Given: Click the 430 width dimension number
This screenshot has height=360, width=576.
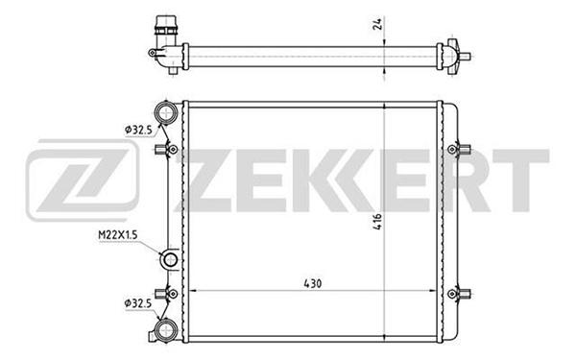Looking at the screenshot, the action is (x=313, y=283).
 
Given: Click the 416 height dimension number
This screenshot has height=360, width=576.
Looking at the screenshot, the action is (x=377, y=222).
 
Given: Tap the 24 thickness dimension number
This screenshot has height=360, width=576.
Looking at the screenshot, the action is (x=378, y=23).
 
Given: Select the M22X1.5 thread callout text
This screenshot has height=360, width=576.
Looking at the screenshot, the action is (x=117, y=235).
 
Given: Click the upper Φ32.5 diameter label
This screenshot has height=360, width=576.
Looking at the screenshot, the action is (x=138, y=130).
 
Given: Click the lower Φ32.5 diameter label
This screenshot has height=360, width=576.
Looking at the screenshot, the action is (x=137, y=303).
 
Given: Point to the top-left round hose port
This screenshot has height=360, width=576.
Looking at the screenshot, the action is (x=166, y=111).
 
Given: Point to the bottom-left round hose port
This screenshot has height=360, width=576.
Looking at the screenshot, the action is (x=166, y=330).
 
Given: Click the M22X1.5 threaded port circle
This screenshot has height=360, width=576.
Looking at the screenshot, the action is (x=170, y=260).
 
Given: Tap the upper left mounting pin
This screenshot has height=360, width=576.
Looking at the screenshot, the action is (x=167, y=150).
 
